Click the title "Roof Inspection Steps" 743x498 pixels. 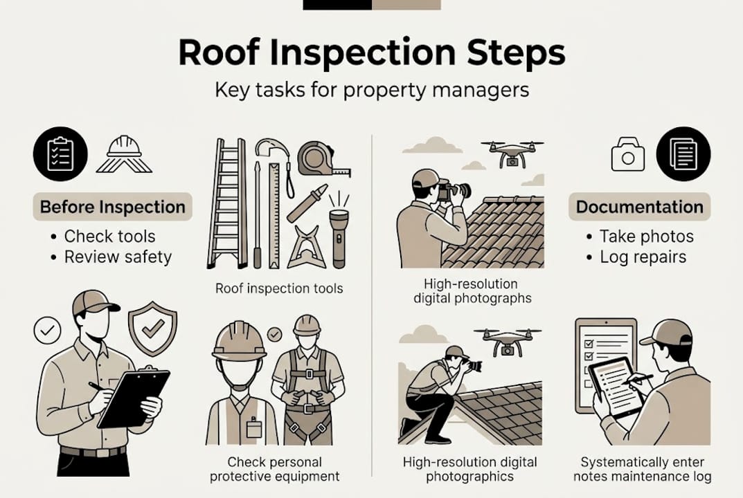point(371,54)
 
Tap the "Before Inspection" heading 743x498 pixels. point(113,207)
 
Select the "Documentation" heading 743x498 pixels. point(639,207)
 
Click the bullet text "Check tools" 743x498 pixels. point(109,236)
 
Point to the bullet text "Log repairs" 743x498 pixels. point(643,257)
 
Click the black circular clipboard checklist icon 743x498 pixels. point(60,154)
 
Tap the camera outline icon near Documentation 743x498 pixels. point(627,154)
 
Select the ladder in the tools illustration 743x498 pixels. point(227,203)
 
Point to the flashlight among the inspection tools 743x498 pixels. point(338,235)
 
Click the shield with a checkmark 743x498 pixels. point(152,327)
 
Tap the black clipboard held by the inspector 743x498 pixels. point(134,397)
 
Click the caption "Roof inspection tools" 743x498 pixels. point(279,288)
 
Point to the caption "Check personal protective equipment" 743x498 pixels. point(275,469)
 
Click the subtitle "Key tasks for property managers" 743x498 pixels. point(371,91)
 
